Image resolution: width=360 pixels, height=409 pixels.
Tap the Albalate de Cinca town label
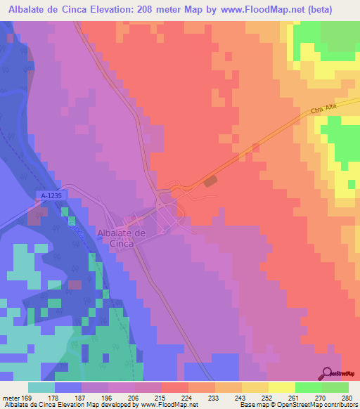coord(122,238)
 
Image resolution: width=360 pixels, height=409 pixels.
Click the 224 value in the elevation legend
coord(185,397)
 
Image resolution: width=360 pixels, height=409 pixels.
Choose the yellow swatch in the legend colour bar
coord(281,387)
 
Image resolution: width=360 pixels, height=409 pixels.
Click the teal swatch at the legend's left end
coord(41,387)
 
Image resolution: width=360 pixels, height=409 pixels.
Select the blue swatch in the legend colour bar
coord(68,387)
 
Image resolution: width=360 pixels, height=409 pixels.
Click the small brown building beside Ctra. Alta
coord(210,181)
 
